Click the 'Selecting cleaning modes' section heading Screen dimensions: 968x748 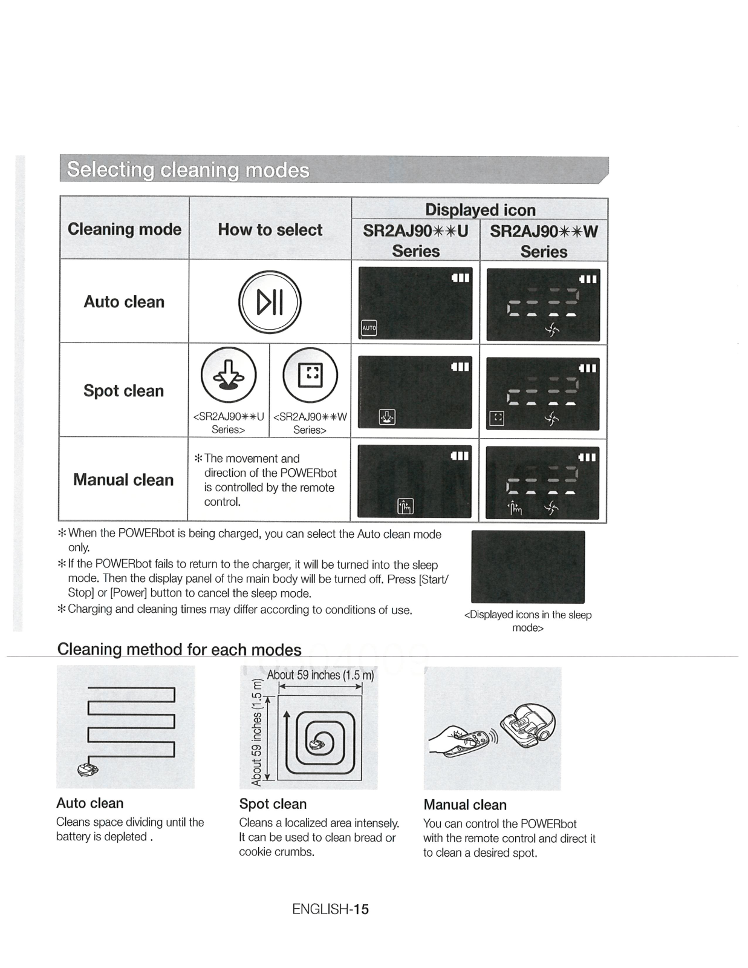coord(188,170)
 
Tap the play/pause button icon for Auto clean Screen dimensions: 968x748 coord(270,302)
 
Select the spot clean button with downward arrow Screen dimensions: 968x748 coord(229,375)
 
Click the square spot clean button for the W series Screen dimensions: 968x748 coord(310,375)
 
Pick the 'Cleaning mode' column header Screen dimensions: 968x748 coord(125,229)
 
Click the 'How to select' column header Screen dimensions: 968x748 coord(270,230)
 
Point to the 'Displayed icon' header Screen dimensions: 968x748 coord(480,209)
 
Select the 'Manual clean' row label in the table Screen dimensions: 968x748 coord(123,480)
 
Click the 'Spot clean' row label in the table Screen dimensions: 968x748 coord(123,391)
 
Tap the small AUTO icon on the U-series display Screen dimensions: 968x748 coord(369,328)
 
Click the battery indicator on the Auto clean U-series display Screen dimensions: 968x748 coord(461,278)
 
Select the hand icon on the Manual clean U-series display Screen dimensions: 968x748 coord(405,506)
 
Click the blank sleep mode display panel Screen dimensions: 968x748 coord(528,567)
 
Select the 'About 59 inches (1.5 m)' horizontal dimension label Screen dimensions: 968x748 coord(320,675)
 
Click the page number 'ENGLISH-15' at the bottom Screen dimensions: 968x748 coord(330,909)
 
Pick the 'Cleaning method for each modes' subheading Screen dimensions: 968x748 coord(179,650)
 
